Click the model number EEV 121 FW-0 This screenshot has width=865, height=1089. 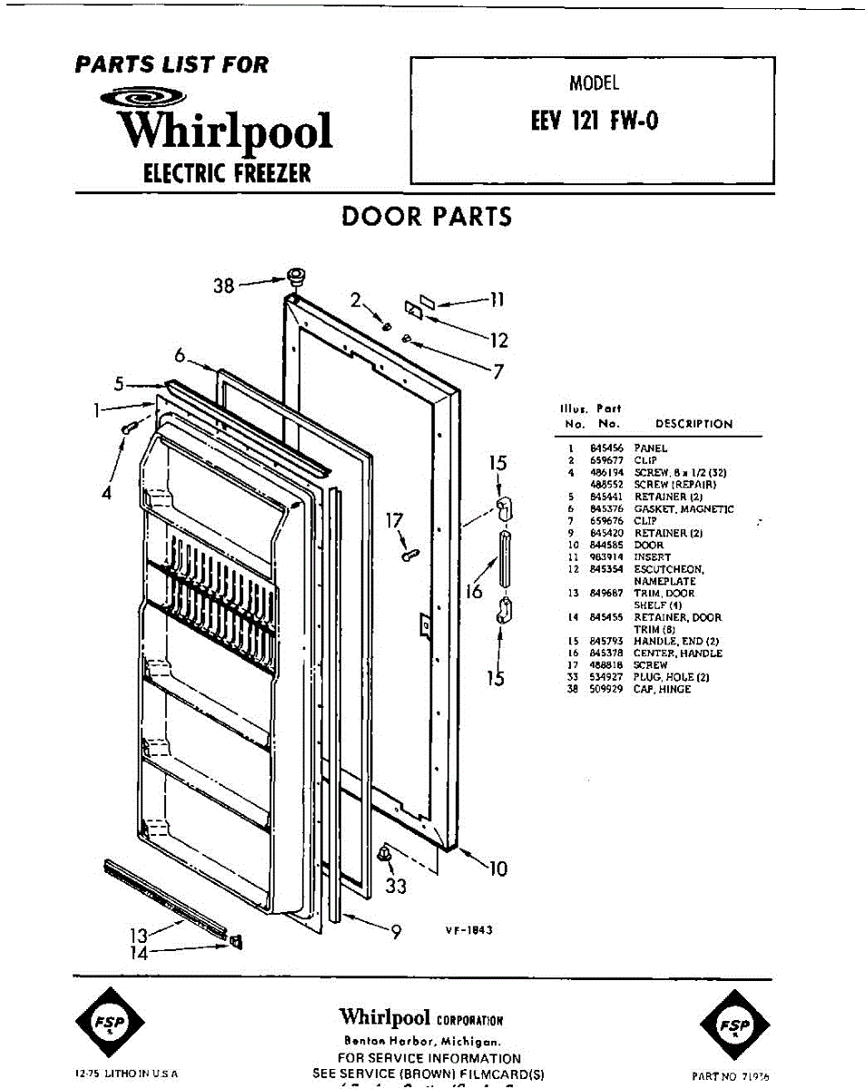594,121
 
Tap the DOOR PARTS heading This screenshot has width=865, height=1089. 427,217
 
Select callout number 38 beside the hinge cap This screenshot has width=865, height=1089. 223,286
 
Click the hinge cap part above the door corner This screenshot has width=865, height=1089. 294,276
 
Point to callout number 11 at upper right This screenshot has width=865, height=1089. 497,299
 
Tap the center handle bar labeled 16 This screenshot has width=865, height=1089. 502,560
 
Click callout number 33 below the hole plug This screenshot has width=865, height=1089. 396,887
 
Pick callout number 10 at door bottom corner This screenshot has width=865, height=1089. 497,869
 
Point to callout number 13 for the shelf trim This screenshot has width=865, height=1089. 137,934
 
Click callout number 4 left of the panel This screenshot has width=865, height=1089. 107,494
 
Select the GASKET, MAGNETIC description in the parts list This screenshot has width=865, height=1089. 683,509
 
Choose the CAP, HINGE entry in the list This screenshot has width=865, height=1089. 662,690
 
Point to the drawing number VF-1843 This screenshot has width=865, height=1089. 468,929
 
